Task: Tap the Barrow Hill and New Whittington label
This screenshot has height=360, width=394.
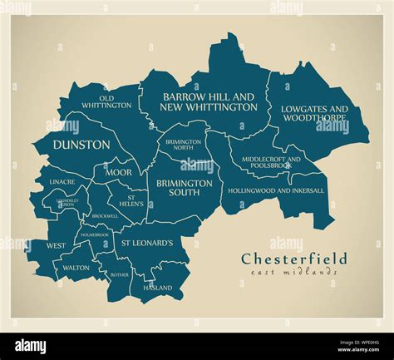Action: pyautogui.click(x=209, y=102)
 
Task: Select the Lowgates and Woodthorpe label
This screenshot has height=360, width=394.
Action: pyautogui.click(x=314, y=114)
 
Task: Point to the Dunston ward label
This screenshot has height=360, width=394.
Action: pyautogui.click(x=81, y=144)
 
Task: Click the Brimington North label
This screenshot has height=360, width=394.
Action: pyautogui.click(x=184, y=145)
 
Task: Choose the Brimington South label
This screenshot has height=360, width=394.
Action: pyautogui.click(x=184, y=187)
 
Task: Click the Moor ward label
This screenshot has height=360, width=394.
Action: pyautogui.click(x=118, y=172)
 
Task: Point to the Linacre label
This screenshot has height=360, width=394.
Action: pyautogui.click(x=62, y=181)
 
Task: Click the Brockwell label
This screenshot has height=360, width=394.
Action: pyautogui.click(x=105, y=215)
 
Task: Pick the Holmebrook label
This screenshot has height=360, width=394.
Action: pyautogui.click(x=95, y=234)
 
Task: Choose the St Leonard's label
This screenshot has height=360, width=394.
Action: pyautogui.click(x=147, y=243)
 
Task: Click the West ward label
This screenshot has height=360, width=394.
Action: pyautogui.click(x=56, y=246)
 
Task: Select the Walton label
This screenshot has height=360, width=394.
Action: pyautogui.click(x=76, y=268)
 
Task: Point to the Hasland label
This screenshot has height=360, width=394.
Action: pyautogui.click(x=159, y=288)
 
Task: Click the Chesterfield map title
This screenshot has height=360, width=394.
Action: pyautogui.click(x=294, y=259)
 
